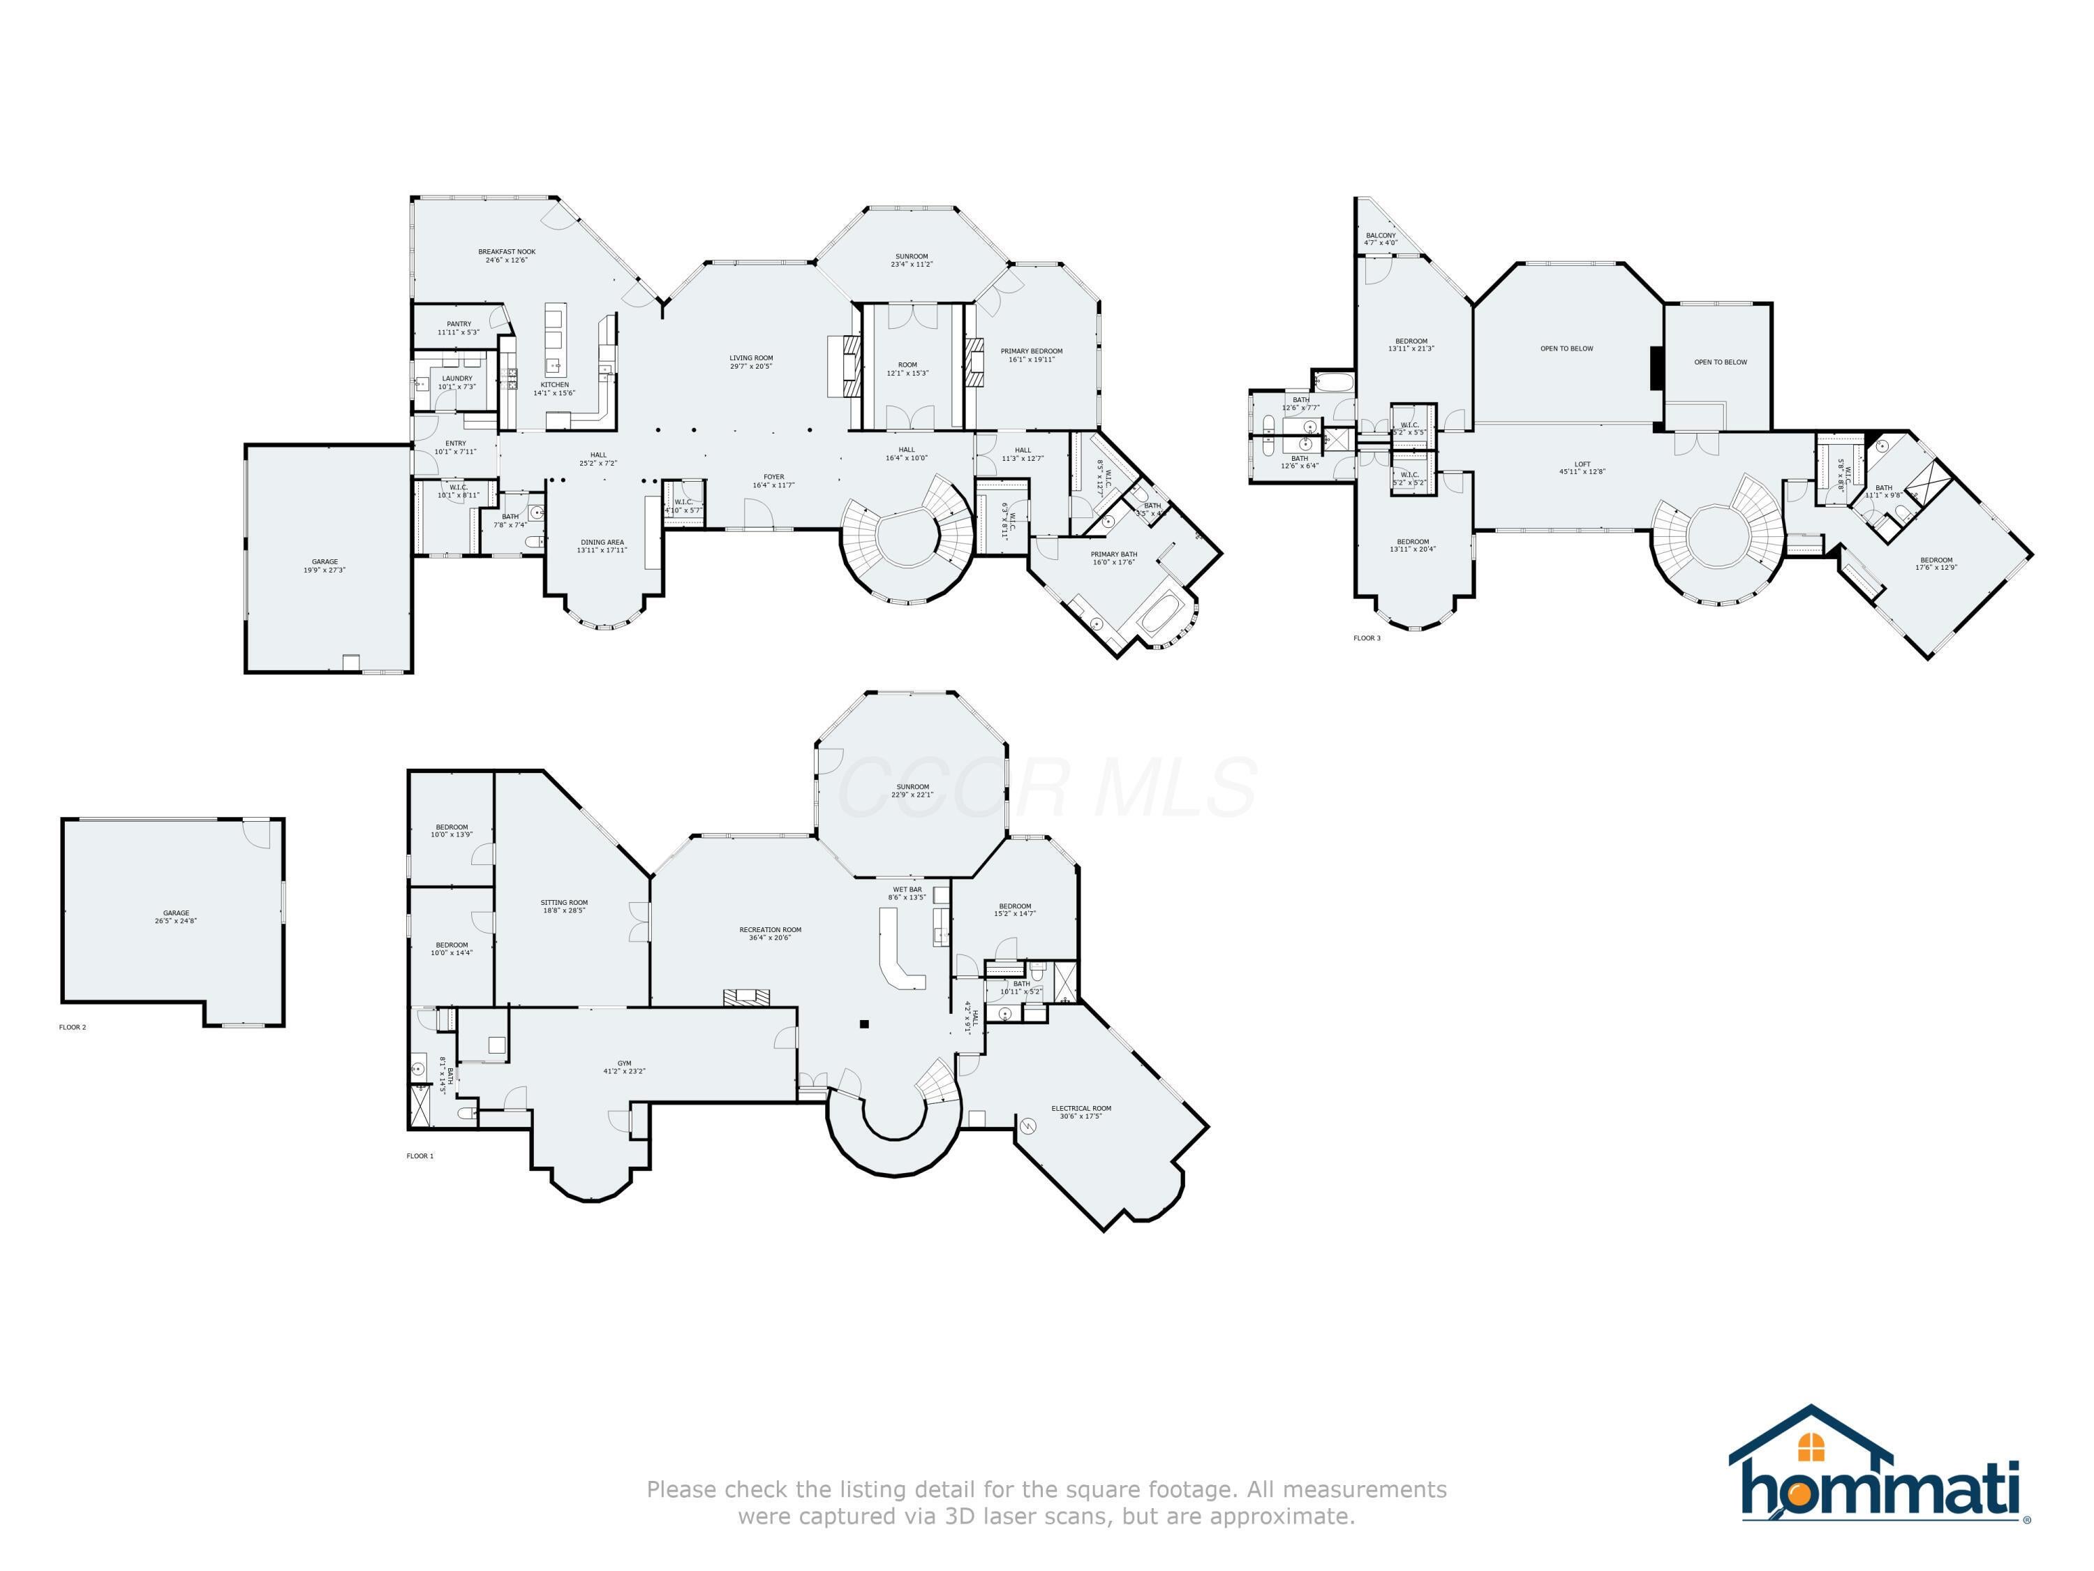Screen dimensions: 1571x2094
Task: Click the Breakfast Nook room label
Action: [507, 256]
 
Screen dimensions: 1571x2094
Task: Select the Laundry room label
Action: [456, 382]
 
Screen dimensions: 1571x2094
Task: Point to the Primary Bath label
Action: [1113, 558]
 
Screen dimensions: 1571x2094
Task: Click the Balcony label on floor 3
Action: [1380, 239]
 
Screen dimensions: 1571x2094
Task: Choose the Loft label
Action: [1582, 468]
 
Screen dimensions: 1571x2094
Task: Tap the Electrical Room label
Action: [1081, 1112]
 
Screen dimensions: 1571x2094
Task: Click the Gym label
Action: [624, 1067]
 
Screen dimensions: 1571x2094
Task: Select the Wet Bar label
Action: [907, 893]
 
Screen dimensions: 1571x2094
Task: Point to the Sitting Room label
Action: [564, 906]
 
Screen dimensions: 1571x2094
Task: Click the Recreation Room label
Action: [771, 933]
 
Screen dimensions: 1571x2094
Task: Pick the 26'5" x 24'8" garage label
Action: [175, 917]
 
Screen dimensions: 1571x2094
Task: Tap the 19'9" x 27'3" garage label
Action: [325, 566]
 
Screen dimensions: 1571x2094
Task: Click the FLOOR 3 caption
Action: [1367, 638]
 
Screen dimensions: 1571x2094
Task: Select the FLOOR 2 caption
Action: [73, 1028]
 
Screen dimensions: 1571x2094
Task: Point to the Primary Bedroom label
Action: [1031, 355]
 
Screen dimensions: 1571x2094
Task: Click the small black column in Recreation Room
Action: [863, 1023]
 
